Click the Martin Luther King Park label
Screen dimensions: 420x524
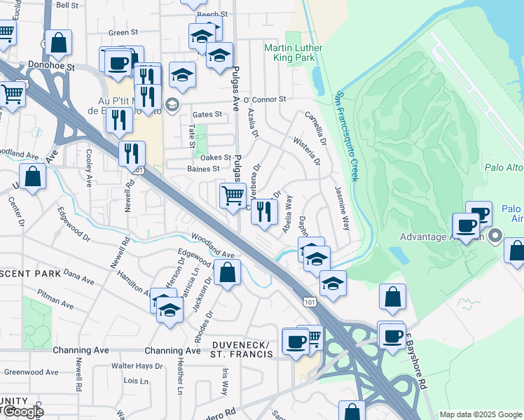tap(289, 52)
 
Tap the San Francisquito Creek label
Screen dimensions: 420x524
tap(347, 136)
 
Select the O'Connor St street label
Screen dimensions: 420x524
tap(265, 100)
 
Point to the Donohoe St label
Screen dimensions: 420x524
tap(46, 64)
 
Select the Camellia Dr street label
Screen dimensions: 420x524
tap(316, 128)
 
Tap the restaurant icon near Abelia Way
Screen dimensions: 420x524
tap(263, 210)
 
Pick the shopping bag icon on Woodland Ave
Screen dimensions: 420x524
tap(227, 273)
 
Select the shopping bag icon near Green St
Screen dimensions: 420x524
tap(59, 43)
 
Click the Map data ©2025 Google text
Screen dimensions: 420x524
tap(480, 414)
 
